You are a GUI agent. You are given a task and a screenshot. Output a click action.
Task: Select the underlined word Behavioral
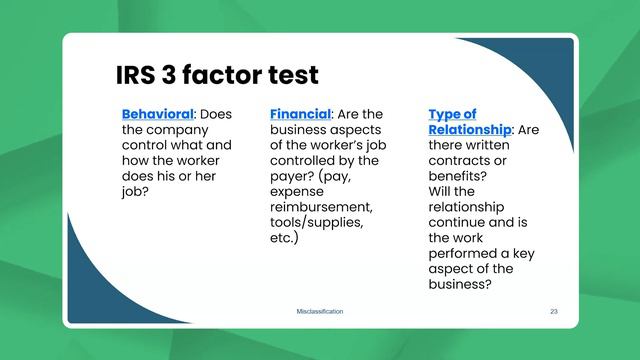[157, 114]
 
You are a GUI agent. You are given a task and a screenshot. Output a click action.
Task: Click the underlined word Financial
[300, 114]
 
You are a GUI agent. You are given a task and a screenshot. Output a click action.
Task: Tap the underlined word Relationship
[469, 130]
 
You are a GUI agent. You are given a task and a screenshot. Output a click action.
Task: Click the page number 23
[554, 312]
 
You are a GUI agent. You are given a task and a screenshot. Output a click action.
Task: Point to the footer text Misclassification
[320, 312]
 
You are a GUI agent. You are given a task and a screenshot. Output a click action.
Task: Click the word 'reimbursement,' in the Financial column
[321, 206]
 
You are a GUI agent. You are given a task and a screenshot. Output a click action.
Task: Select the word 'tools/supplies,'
[317, 222]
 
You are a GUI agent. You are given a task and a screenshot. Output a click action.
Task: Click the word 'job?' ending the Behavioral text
[136, 191]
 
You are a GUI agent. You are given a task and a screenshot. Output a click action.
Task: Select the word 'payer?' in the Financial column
[294, 176]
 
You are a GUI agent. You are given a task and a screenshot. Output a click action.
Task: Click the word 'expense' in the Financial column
[297, 191]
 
